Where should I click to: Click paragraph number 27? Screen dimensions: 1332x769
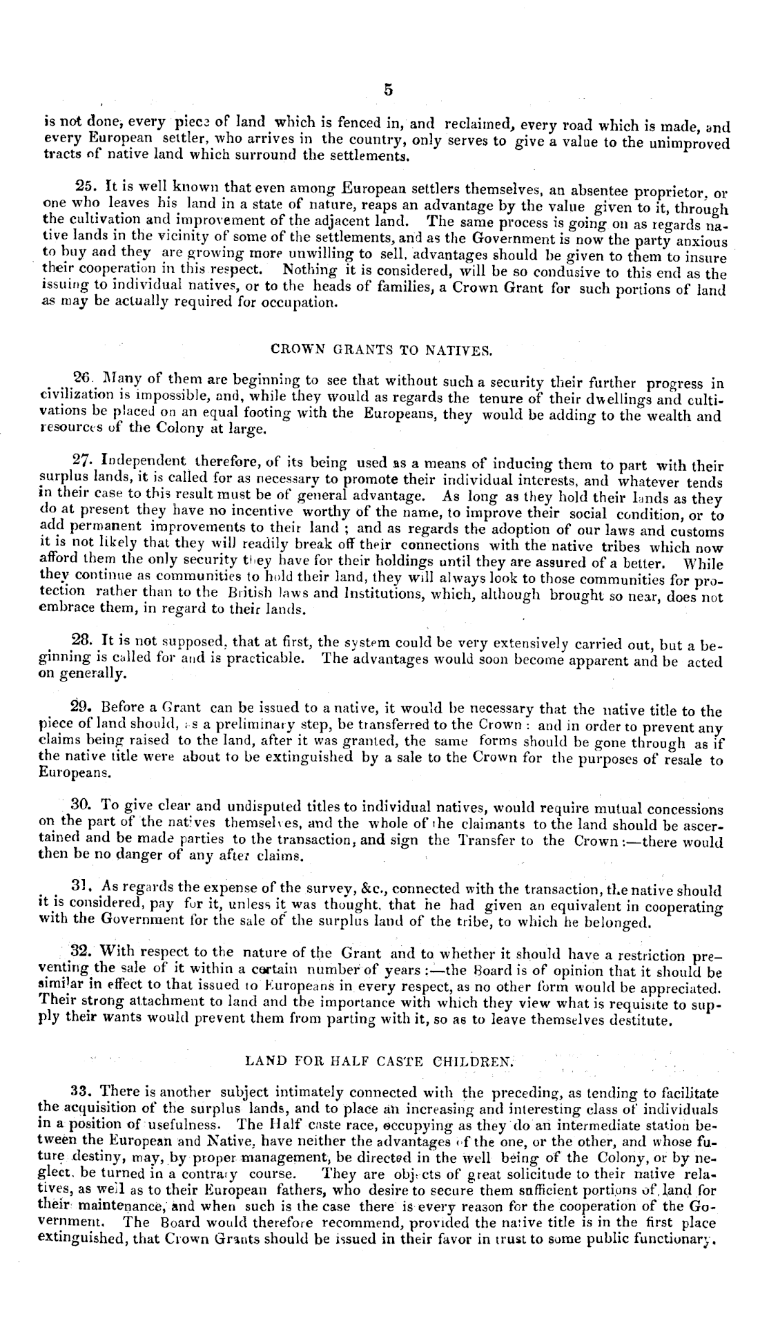click(x=83, y=459)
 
